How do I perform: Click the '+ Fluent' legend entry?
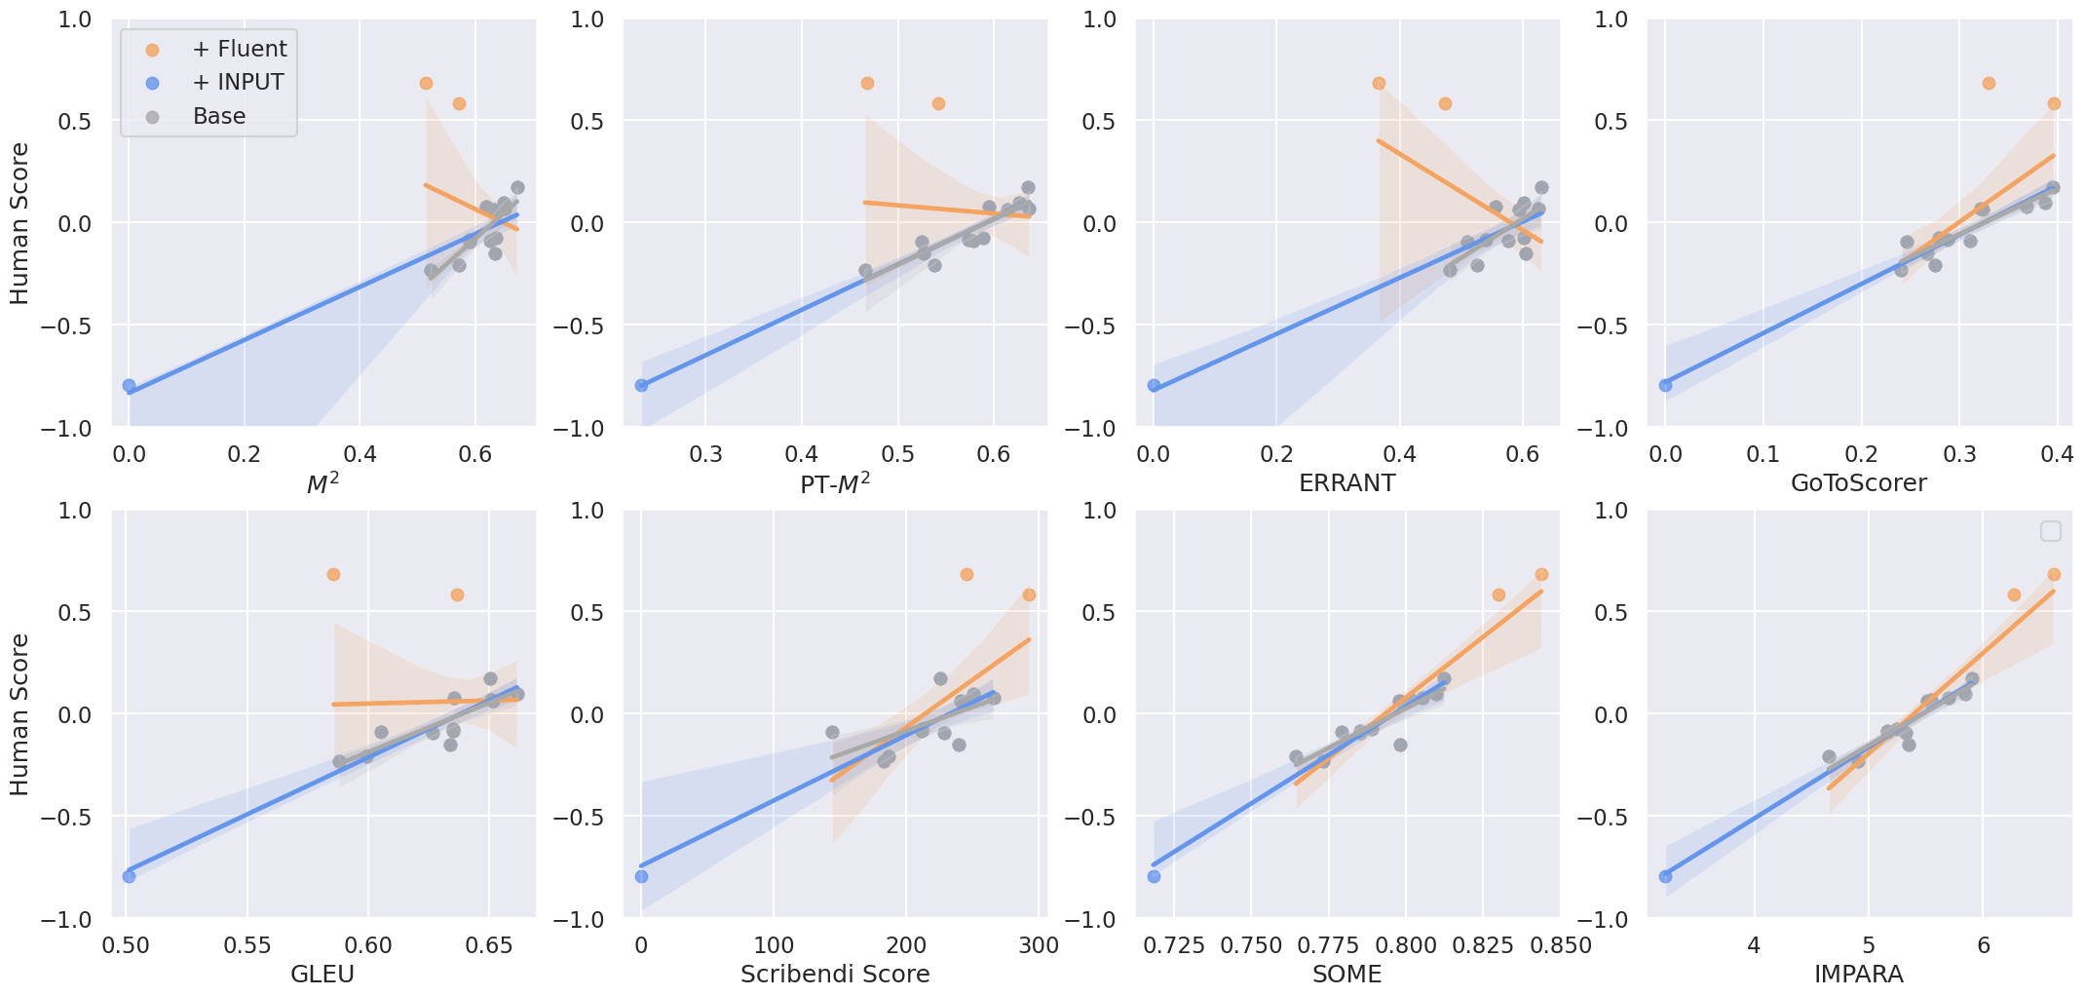[215, 49]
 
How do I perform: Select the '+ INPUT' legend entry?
[214, 82]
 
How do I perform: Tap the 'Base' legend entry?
[196, 116]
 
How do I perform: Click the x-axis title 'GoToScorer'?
[1859, 483]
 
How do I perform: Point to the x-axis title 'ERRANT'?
[1346, 483]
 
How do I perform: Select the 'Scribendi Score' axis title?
[835, 975]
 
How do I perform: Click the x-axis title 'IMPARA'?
[1859, 975]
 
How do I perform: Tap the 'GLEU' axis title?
[322, 975]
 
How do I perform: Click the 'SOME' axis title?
[1346, 975]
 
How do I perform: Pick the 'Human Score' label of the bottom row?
[19, 714]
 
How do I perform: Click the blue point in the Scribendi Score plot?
[641, 876]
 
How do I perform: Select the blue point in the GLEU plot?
[129, 876]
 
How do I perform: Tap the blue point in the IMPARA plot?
[1665, 876]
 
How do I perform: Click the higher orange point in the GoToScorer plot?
[1989, 83]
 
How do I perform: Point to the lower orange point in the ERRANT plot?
[1445, 103]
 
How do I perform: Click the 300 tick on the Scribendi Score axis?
[1039, 945]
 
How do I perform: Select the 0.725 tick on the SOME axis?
[1173, 945]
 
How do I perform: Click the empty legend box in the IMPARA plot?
[2051, 531]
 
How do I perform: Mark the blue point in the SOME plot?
[1154, 876]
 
